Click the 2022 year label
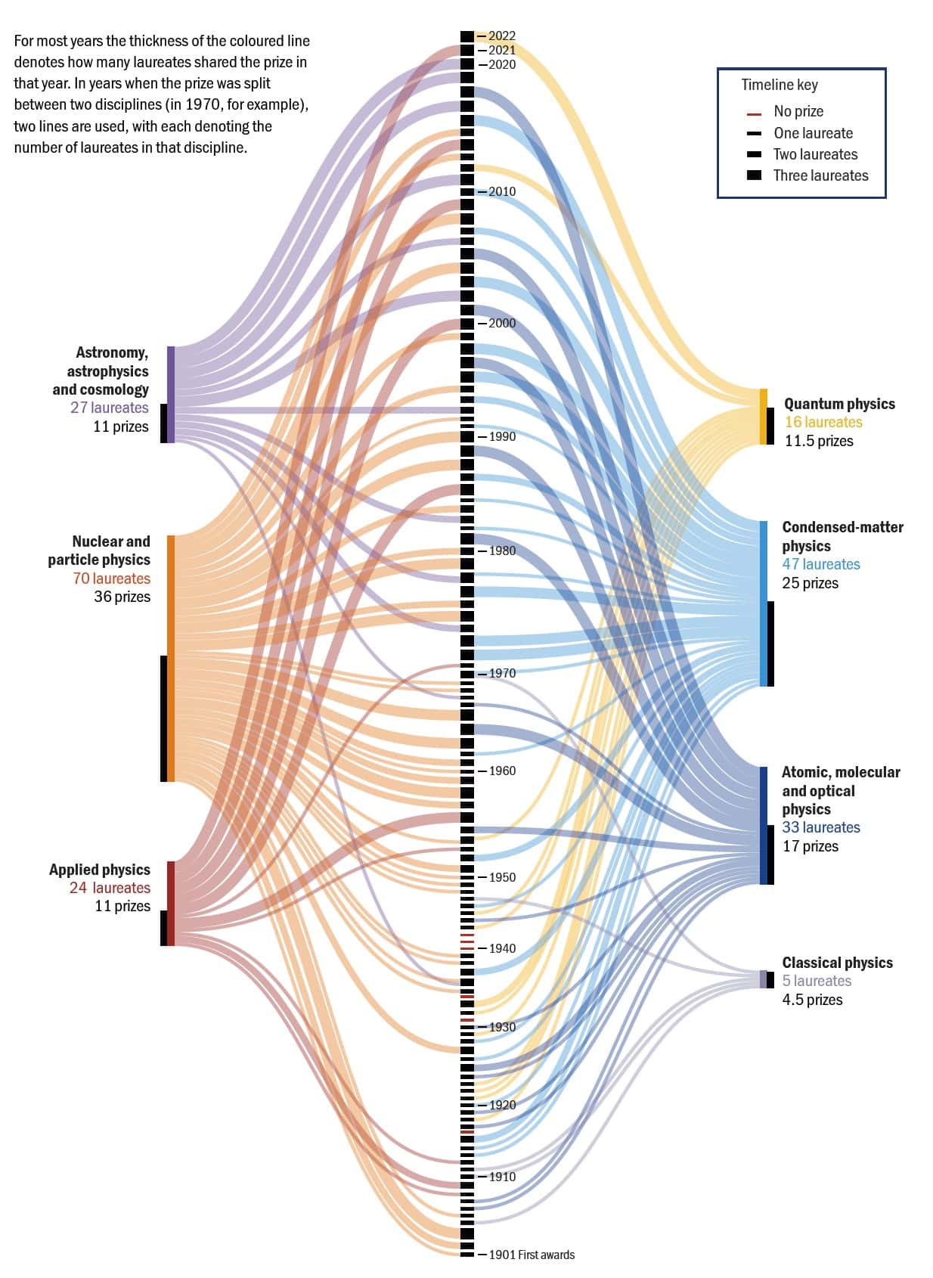point(501,36)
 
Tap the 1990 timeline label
point(502,436)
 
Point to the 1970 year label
point(502,673)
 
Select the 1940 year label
point(502,948)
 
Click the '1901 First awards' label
point(532,1255)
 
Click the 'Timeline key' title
point(779,85)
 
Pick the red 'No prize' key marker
point(754,115)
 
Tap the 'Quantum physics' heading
point(839,404)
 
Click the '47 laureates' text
point(820,564)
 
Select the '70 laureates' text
point(112,579)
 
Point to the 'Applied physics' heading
point(100,870)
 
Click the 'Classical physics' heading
point(837,963)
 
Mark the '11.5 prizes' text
point(819,441)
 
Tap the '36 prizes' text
point(122,597)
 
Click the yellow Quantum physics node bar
point(763,417)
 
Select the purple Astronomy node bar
point(171,394)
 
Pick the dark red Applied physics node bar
point(171,904)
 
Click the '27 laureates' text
point(110,408)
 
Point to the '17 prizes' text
point(810,846)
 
